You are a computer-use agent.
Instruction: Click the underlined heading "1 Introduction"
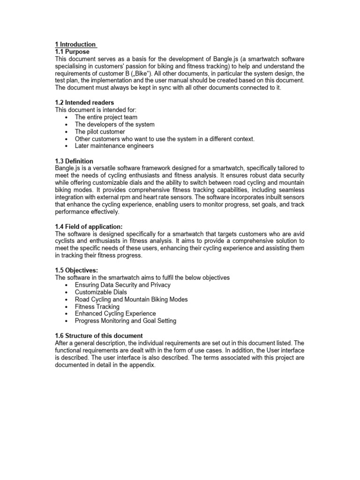[75, 44]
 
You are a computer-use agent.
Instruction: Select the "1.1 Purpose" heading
[72, 52]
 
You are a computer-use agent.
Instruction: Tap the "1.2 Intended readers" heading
[84, 102]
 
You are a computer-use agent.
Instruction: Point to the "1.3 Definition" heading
[74, 161]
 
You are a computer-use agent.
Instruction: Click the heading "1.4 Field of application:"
[89, 226]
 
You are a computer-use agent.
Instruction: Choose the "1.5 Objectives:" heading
[77, 270]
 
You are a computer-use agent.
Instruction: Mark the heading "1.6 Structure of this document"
[99, 336]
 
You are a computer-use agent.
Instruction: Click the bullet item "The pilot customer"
[100, 132]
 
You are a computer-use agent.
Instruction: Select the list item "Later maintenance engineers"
[114, 146]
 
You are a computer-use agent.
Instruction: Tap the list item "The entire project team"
[106, 117]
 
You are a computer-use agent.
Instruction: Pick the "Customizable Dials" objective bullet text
[101, 292]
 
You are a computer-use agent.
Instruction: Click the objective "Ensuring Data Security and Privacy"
[122, 285]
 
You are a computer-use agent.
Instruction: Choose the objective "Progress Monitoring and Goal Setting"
[126, 321]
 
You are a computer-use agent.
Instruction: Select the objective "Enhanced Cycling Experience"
[115, 314]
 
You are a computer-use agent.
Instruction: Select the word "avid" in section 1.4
[298, 233]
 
